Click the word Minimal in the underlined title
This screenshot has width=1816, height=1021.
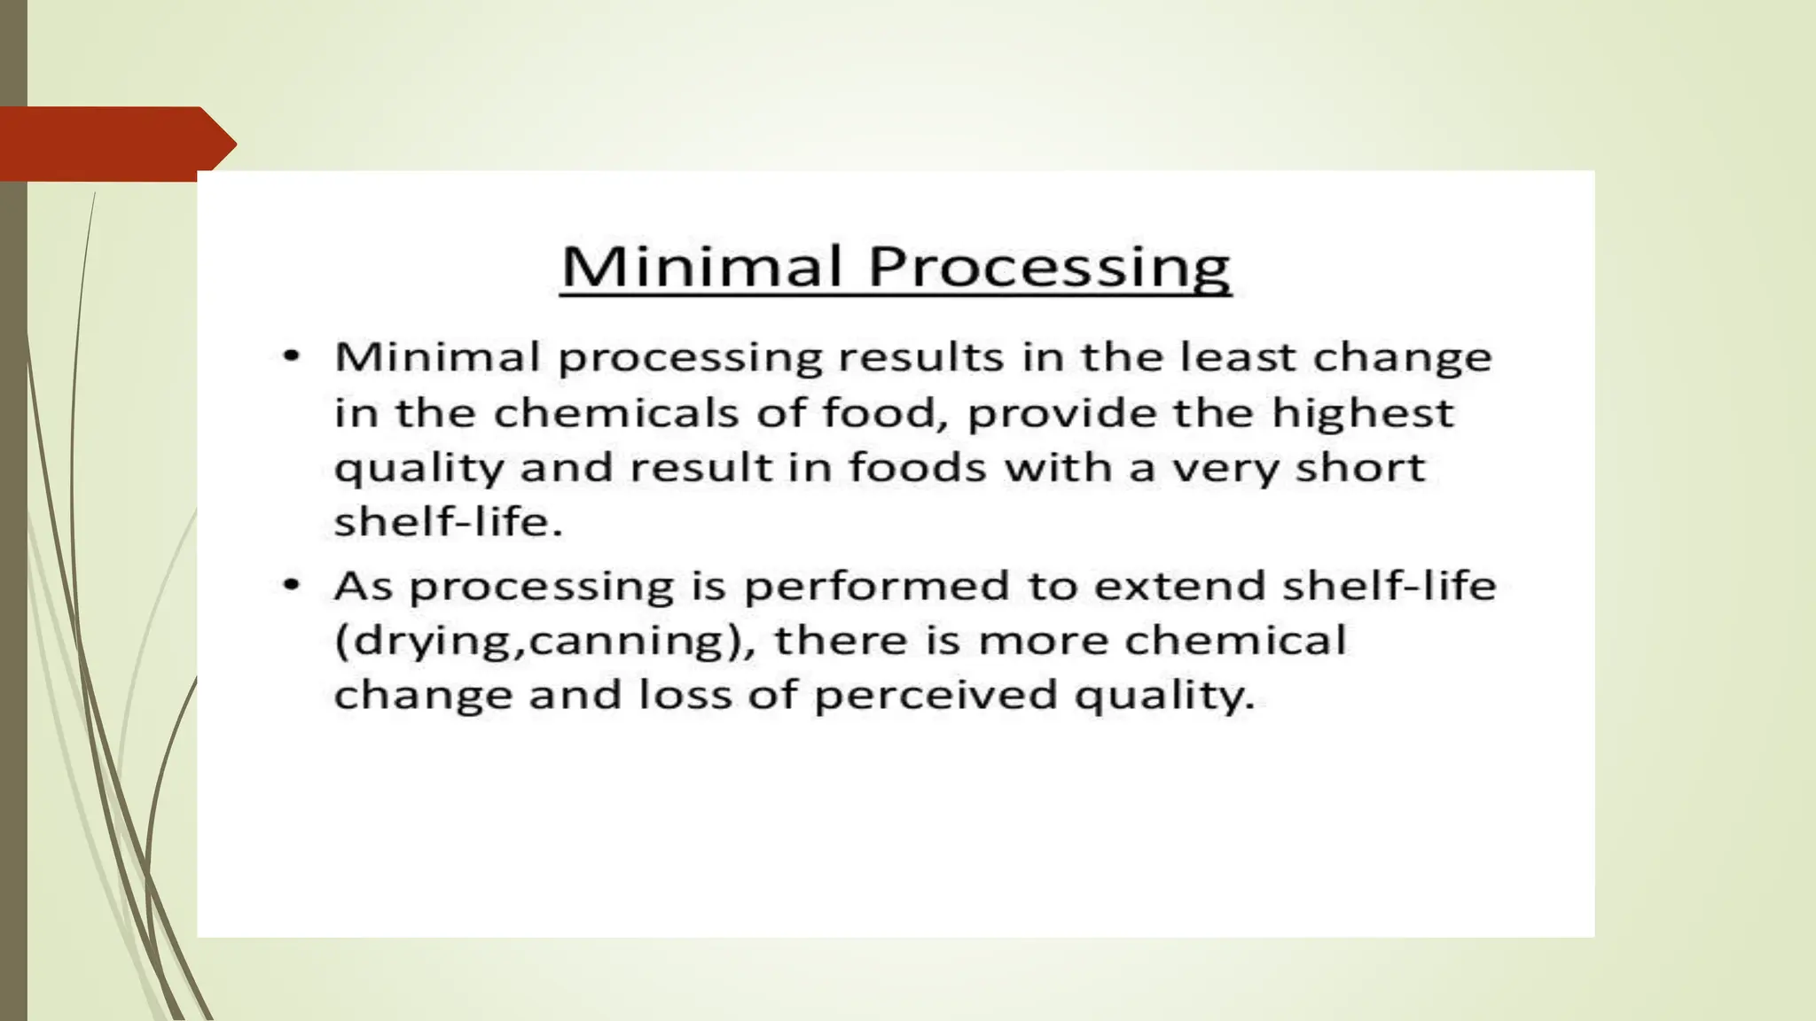pyautogui.click(x=700, y=266)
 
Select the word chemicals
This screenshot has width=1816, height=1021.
pyautogui.click(x=615, y=413)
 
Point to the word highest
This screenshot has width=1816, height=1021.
pyautogui.click(x=1362, y=413)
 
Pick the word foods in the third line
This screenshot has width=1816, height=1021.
pyautogui.click(x=917, y=467)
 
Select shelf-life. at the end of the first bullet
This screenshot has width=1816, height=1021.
pyautogui.click(x=448, y=521)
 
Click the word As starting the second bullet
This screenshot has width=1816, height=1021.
pyautogui.click(x=363, y=586)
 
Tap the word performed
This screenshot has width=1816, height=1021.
pyautogui.click(x=876, y=586)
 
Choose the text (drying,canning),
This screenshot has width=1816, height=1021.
pyautogui.click(x=544, y=641)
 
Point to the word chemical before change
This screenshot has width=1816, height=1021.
pyautogui.click(x=1234, y=640)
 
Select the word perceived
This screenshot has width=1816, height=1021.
pyautogui.click(x=935, y=695)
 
